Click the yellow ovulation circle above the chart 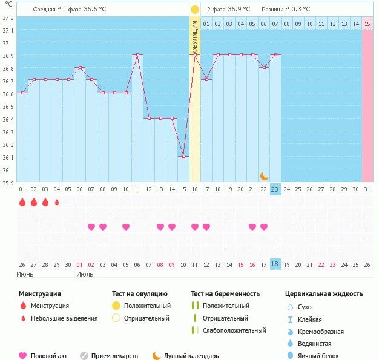click(194, 10)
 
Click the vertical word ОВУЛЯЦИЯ click(194, 36)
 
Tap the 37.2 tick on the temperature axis click(7, 18)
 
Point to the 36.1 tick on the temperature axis click(7, 157)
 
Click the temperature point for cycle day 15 click(183, 156)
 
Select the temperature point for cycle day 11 click(137, 54)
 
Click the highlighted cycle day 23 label click(275, 189)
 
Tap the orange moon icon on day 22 click(264, 176)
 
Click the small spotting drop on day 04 click(57, 203)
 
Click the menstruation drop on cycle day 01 click(22, 203)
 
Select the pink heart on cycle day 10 click(126, 227)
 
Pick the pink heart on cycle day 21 click(252, 227)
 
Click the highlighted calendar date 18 click(275, 264)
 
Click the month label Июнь click(24, 275)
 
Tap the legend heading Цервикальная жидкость click(324, 294)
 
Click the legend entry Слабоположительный click(234, 330)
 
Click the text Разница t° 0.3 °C click(286, 10)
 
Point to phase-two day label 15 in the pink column click(367, 24)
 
